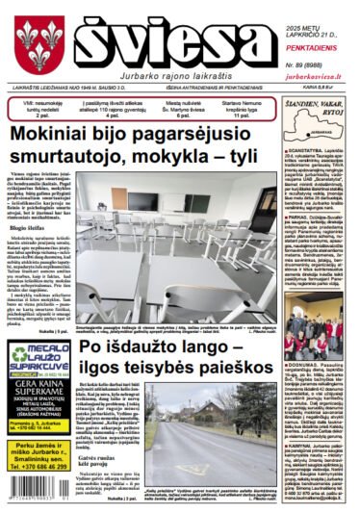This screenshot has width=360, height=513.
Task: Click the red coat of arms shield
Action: coord(38,45)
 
